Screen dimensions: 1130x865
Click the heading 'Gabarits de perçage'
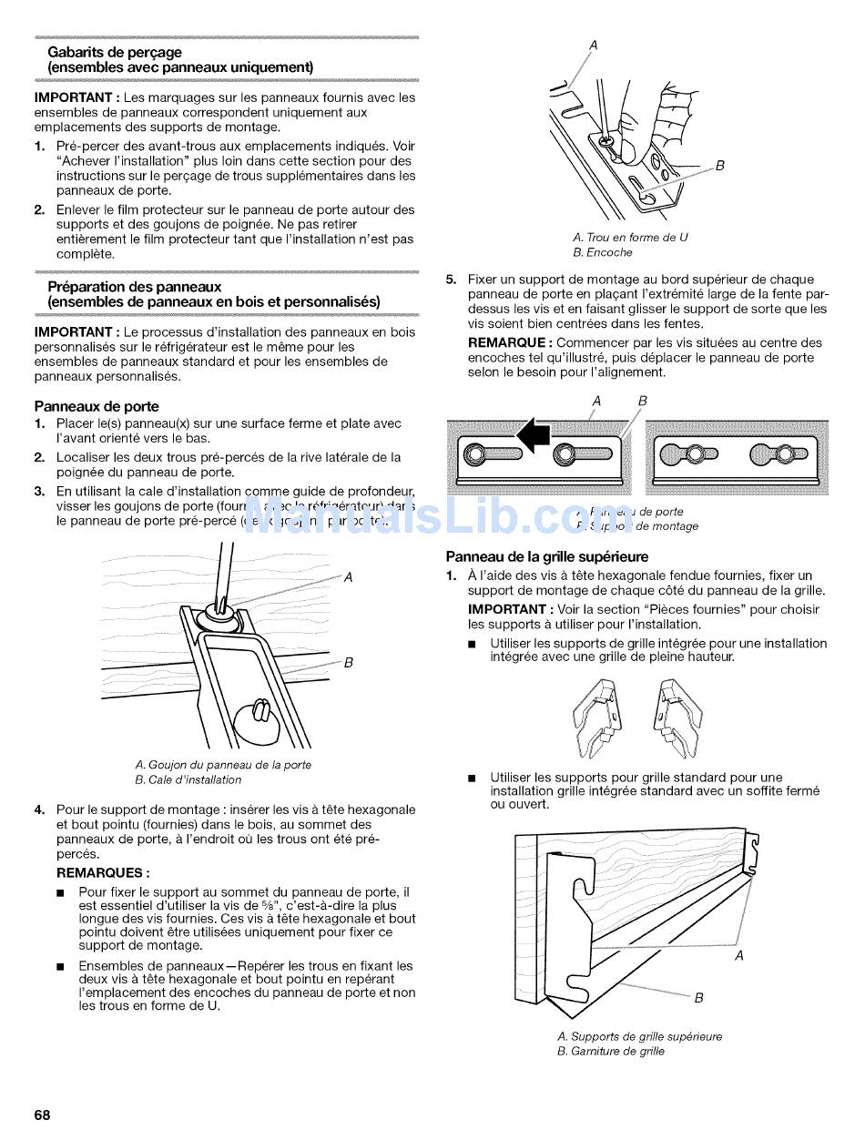point(115,53)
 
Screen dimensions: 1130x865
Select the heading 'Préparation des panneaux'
point(135,287)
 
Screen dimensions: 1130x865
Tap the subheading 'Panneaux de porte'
point(97,406)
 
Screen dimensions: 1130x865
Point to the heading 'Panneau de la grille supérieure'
point(546,556)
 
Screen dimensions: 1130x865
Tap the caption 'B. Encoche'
point(602,252)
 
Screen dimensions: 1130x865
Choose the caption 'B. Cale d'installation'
point(188,779)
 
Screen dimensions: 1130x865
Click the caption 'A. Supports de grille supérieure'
point(639,1036)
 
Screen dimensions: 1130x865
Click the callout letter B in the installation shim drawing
point(348,663)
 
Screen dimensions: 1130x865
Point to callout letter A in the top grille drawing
point(738,955)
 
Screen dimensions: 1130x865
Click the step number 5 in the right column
point(450,280)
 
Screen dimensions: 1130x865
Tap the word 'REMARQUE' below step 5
point(509,343)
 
